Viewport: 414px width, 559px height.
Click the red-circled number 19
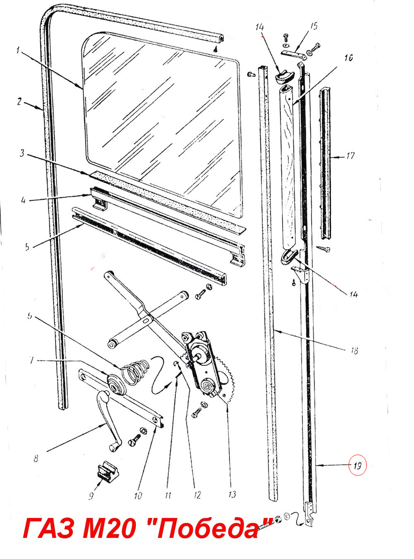click(357, 466)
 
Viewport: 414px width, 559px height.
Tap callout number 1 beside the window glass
click(18, 51)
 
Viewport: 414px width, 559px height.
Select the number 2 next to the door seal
click(20, 102)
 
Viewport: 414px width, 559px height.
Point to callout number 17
click(350, 156)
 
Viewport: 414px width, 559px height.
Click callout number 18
click(354, 351)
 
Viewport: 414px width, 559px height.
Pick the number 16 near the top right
click(348, 58)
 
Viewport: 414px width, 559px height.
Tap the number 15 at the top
click(314, 26)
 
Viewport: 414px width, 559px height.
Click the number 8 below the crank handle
click(36, 459)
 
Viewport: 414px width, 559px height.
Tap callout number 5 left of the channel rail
click(27, 247)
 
